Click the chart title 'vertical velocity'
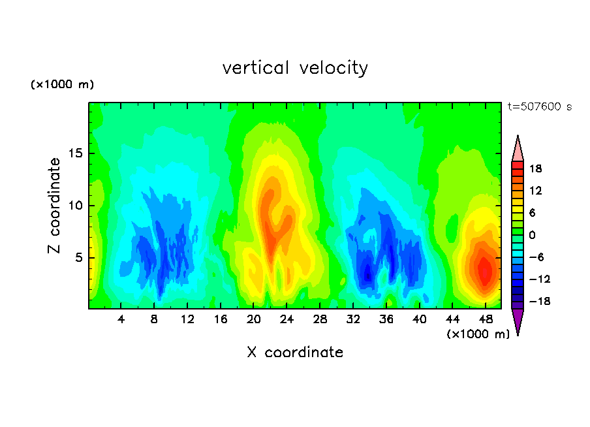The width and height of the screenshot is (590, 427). [295, 68]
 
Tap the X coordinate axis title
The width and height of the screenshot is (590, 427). [295, 353]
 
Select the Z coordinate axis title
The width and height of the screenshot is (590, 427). [54, 206]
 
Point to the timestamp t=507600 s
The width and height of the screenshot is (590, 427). [539, 107]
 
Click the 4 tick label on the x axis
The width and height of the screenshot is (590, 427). [121, 319]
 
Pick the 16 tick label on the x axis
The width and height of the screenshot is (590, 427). [221, 319]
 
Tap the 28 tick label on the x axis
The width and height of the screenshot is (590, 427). [320, 319]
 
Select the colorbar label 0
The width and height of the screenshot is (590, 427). [531, 235]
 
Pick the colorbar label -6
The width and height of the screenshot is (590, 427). [535, 257]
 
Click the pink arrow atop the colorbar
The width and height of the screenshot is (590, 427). [518, 150]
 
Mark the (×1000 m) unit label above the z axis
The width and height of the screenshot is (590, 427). [63, 85]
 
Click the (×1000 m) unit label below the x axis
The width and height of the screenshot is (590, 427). [478, 334]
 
